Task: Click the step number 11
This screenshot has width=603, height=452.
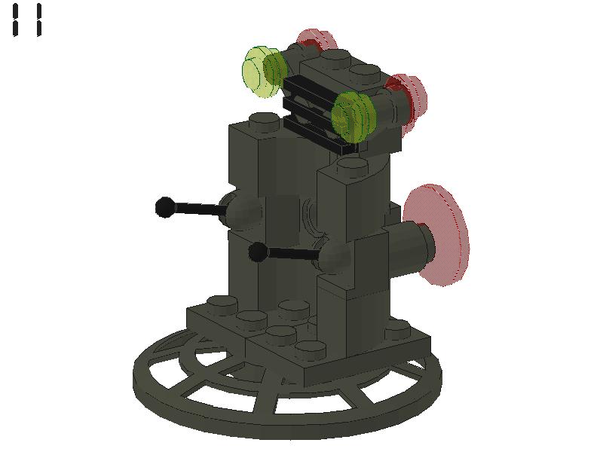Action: pos(28,20)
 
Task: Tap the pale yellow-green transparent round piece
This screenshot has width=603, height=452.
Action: pos(262,72)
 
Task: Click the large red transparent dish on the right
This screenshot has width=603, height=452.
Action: pos(441,234)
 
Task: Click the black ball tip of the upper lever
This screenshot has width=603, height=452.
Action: pos(164,206)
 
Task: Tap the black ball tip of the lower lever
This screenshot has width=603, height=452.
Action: pos(258,252)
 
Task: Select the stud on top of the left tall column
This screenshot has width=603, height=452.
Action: pos(263,119)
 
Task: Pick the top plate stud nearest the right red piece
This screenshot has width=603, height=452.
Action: pos(366,72)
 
